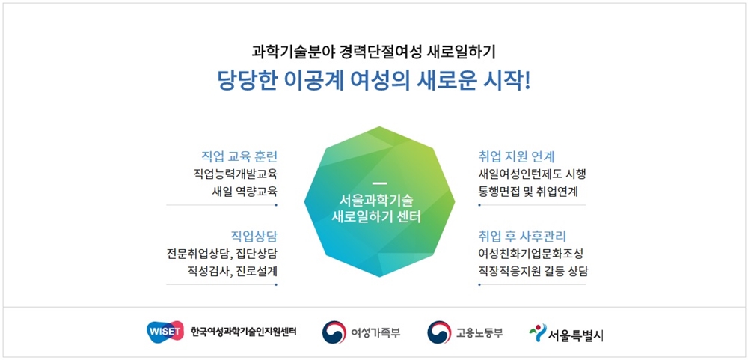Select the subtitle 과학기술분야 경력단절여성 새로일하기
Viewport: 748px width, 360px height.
tap(373, 51)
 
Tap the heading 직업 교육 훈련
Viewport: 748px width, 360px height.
tap(239, 156)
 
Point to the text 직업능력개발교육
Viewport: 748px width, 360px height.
tap(235, 174)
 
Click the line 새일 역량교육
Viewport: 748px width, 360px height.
tap(245, 191)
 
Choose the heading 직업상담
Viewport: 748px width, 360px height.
tap(254, 237)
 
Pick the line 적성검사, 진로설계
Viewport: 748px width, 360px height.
tap(233, 271)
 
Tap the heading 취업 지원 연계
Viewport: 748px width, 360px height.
tap(515, 156)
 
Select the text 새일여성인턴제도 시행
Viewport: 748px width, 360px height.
tap(531, 174)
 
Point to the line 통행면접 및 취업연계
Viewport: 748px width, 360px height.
tap(528, 191)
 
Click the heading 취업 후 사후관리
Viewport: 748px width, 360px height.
tap(521, 237)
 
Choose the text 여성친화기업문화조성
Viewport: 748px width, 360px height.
tap(530, 254)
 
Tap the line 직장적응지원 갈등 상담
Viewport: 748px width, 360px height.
tap(533, 271)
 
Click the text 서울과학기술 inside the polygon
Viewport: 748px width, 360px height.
tap(380, 200)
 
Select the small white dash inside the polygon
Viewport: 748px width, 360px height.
tap(379, 183)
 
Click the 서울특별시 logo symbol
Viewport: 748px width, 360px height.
tap(538, 332)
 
